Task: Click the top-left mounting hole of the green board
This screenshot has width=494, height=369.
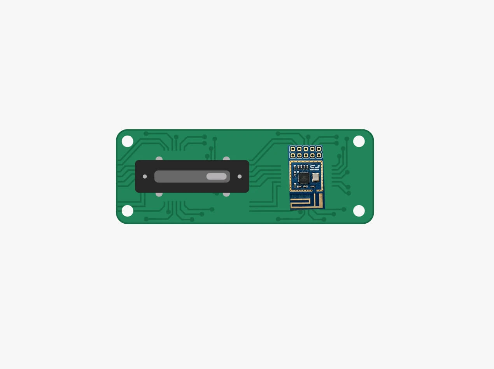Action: point(128,141)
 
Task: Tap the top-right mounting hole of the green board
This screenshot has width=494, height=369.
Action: point(359,141)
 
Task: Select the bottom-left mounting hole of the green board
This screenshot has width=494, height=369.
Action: point(128,211)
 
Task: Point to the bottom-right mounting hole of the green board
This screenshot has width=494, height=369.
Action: point(359,211)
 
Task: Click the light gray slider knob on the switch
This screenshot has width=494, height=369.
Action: point(216,176)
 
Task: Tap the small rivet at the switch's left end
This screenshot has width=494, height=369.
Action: point(145,176)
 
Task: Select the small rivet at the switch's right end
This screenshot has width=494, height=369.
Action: point(240,176)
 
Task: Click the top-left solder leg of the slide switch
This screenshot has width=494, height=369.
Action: point(159,158)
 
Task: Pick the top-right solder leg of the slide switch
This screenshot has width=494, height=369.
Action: point(226,158)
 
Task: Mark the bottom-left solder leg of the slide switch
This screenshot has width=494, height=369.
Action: point(159,194)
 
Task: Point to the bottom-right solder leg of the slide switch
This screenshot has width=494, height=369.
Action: point(226,194)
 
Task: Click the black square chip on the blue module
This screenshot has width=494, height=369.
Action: point(304,178)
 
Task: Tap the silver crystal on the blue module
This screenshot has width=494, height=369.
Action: point(315,177)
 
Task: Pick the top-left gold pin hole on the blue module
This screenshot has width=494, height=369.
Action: point(293,149)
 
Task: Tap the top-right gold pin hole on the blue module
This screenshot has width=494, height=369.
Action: point(319,149)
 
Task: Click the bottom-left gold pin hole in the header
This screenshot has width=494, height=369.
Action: point(293,155)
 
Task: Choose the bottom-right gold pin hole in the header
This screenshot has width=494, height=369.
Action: point(319,155)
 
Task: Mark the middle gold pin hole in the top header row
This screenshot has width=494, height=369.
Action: point(306,149)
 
